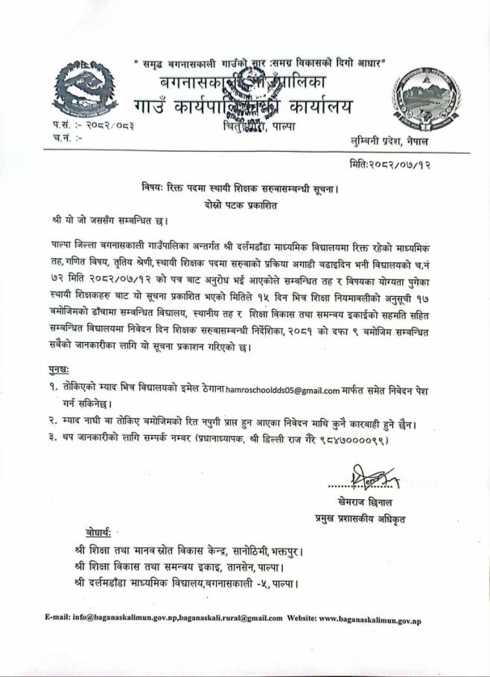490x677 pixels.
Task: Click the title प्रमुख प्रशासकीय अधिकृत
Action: click(x=362, y=516)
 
